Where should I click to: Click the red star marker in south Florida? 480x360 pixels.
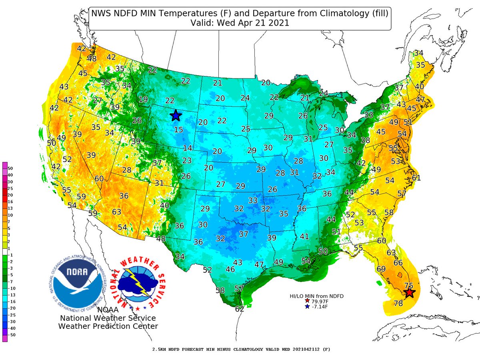409,293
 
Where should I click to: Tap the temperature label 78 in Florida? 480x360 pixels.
398,303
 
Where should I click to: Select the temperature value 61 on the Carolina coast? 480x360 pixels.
416,178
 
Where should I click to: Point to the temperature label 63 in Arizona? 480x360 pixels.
117,211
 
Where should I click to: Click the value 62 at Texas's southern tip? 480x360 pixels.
240,309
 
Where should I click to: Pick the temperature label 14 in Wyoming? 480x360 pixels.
188,148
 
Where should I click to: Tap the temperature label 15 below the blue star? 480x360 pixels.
178,130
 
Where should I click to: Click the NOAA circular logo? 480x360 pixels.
78,283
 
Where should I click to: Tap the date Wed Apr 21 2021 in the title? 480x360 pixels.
258,24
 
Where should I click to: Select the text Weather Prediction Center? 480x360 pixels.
108,326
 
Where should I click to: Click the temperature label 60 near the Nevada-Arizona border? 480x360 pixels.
99,179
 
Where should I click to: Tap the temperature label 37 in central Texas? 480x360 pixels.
244,234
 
